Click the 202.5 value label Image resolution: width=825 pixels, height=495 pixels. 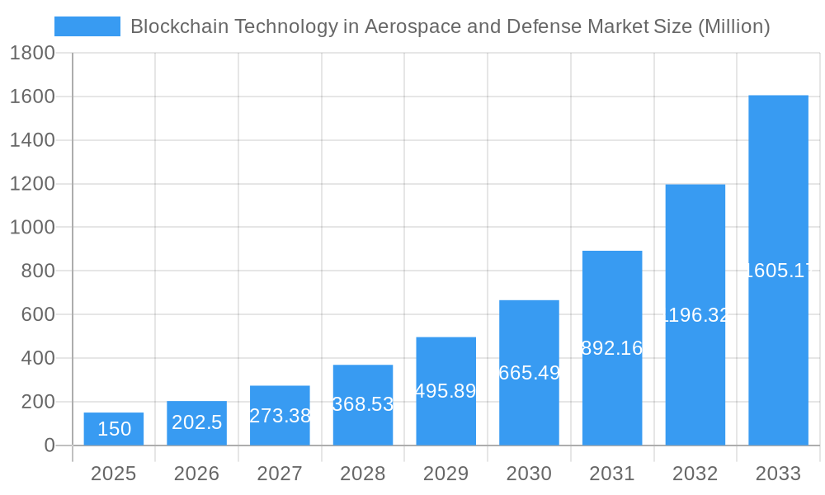point(197,422)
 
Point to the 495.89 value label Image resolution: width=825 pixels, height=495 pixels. point(445,391)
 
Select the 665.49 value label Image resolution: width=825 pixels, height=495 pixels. point(529,373)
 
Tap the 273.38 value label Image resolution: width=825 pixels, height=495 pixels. point(280,416)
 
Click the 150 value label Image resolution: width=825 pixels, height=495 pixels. point(114,429)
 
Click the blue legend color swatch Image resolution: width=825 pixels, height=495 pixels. point(87,26)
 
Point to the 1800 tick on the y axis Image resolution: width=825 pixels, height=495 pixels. point(32,54)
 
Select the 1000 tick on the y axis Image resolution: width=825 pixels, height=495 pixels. point(32,228)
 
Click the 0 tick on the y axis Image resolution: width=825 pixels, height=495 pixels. point(49,445)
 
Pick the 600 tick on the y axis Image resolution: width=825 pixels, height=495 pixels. point(38,314)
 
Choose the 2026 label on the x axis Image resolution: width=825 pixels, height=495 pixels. point(196,474)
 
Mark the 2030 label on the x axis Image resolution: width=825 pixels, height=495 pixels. point(529,474)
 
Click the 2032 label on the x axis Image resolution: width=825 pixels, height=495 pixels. point(695,474)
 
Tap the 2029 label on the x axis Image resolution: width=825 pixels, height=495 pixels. point(445,474)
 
